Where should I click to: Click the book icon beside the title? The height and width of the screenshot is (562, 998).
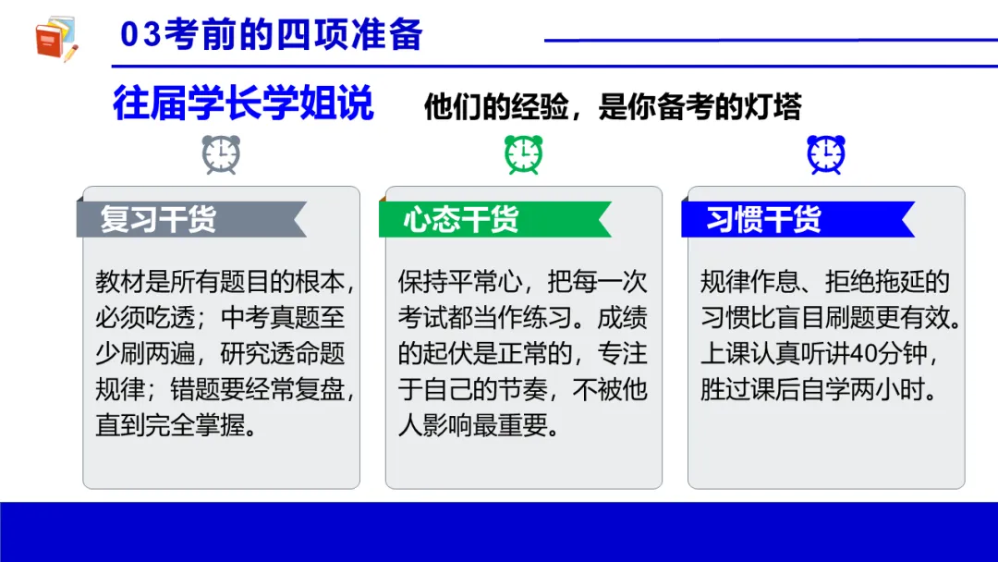[x=56, y=39]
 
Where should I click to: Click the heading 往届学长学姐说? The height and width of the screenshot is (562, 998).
[x=243, y=104]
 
